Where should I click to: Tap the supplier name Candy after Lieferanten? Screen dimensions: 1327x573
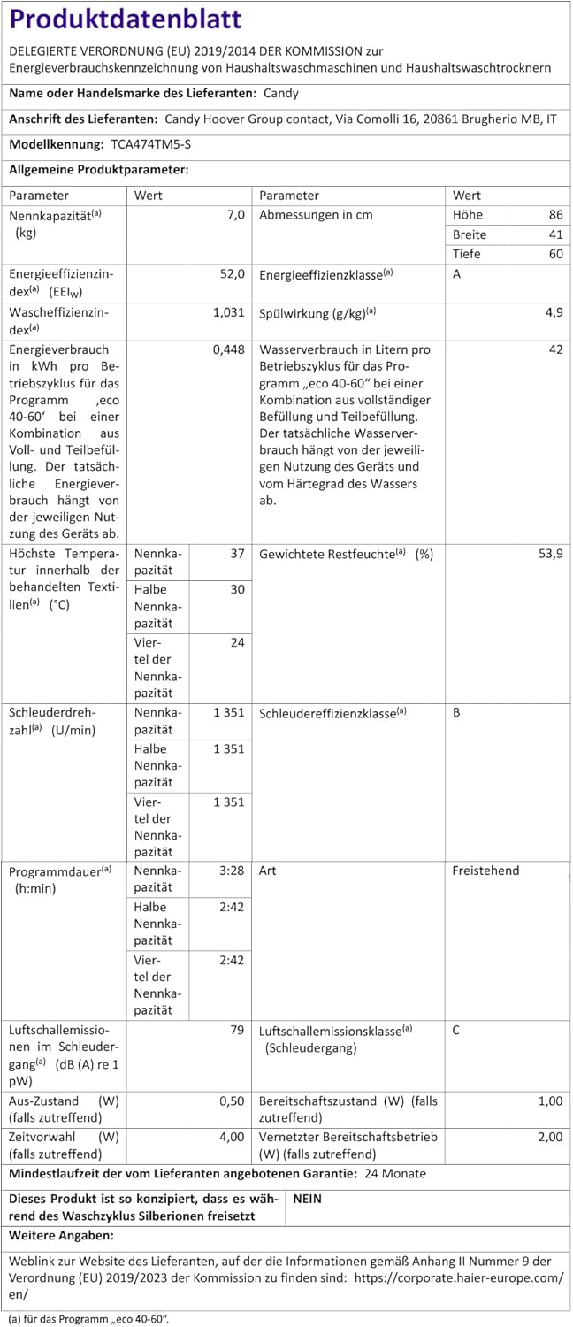coord(281,93)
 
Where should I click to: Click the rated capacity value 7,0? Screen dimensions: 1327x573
coord(234,215)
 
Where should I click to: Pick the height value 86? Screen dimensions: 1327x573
coord(554,215)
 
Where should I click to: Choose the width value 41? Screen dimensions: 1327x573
coord(554,235)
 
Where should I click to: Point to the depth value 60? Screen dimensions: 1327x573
coord(554,255)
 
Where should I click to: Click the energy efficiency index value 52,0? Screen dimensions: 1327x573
coord(230,274)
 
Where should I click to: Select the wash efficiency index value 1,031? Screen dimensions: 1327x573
coord(228,312)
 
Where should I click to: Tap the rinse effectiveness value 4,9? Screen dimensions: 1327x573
coord(553,312)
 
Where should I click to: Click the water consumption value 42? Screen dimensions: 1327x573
coord(554,349)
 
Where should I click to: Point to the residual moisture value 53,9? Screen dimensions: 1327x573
coord(549,553)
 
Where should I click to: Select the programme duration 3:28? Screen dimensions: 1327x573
coord(230,871)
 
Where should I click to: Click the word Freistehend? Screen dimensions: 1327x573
coord(485,871)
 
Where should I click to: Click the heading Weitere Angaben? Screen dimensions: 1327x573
coord(61,1234)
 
